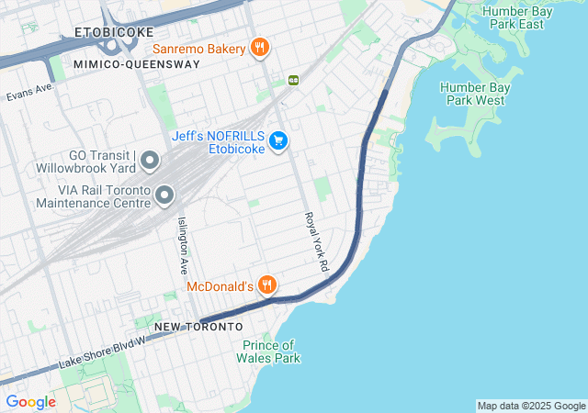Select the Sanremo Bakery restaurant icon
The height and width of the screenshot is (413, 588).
[x=260, y=48]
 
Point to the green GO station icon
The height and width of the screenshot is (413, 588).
[x=294, y=79]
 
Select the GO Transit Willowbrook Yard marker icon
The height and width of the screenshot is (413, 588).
[x=151, y=162]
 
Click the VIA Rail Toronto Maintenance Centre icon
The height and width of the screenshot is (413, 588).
[x=165, y=195]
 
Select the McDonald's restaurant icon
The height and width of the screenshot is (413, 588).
[x=267, y=285]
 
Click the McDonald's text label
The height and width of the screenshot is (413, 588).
[x=220, y=286]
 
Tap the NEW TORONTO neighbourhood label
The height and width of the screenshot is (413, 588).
[x=198, y=327]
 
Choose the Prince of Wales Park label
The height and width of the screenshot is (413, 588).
[x=271, y=352]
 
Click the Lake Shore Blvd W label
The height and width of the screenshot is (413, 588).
[x=102, y=352]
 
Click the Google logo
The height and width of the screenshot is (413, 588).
[x=30, y=402]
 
